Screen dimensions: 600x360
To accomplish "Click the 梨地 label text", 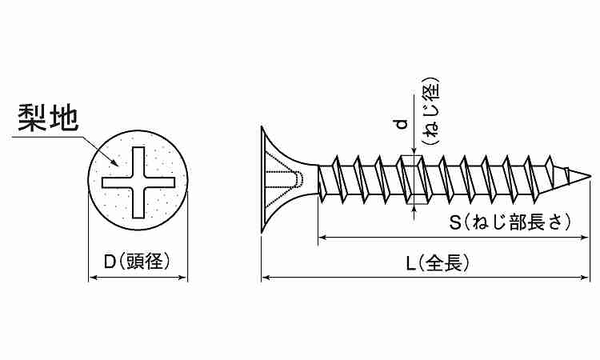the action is (x=48, y=118).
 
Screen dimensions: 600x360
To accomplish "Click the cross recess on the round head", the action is (x=138, y=182).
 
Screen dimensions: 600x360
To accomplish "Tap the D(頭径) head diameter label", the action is (x=137, y=262).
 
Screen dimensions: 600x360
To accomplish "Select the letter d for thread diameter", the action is (x=401, y=125).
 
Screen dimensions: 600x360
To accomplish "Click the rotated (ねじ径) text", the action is (x=430, y=111).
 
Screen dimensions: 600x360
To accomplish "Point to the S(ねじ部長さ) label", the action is (x=510, y=222).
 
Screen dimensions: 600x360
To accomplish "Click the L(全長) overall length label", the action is (x=438, y=263).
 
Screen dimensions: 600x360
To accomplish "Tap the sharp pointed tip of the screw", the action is (x=590, y=176).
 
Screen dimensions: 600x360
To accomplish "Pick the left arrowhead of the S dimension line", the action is (x=322, y=238).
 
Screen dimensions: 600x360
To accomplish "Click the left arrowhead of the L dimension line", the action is (x=266, y=278).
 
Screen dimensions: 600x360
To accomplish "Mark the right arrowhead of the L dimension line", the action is (x=585, y=278).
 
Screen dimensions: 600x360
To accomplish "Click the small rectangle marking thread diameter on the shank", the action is (x=413, y=180).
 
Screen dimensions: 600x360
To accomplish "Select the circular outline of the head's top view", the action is (x=88, y=180).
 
